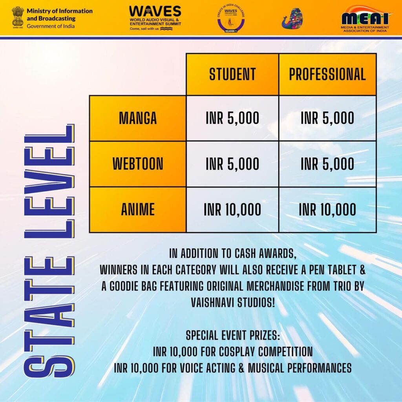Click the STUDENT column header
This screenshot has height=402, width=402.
click(x=232, y=74)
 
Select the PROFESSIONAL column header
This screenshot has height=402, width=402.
click(x=327, y=74)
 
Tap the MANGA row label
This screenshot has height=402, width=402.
click(x=138, y=118)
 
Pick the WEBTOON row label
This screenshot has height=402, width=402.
click(x=138, y=164)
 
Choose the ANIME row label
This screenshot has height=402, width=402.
click(x=138, y=210)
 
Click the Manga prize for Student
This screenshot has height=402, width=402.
click(x=232, y=118)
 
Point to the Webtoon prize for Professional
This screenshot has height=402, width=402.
click(x=327, y=164)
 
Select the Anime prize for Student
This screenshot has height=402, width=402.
click(x=232, y=210)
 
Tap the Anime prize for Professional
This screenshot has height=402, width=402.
click(x=327, y=210)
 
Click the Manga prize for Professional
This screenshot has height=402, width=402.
click(x=327, y=118)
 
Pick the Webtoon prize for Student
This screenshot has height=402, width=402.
click(x=232, y=164)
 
